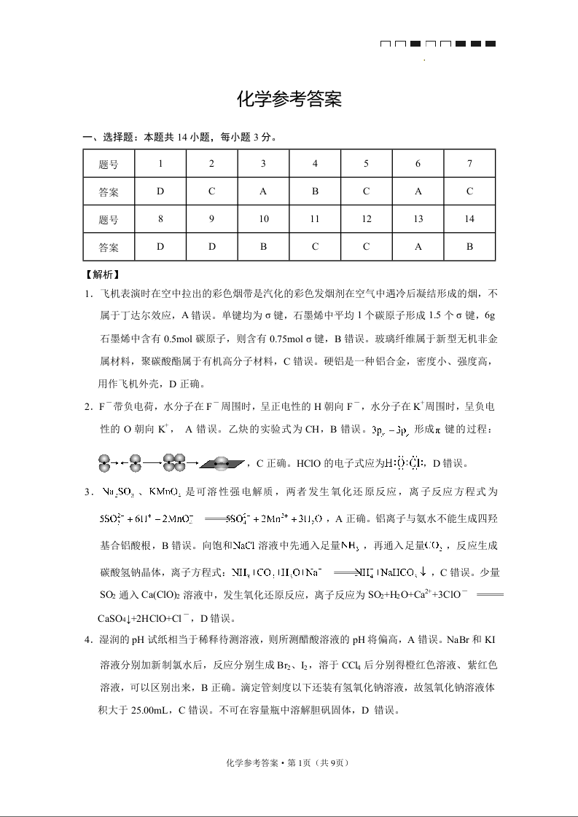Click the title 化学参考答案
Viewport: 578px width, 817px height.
click(x=289, y=100)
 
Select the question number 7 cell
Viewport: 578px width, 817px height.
click(x=469, y=164)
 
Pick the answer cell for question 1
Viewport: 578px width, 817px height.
click(x=160, y=192)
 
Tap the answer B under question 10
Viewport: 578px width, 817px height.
click(x=264, y=246)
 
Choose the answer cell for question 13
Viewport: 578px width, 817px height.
click(x=418, y=246)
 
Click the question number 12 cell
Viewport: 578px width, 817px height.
click(x=367, y=219)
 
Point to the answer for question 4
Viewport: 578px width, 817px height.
click(x=315, y=192)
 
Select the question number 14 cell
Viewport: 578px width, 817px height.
click(x=469, y=219)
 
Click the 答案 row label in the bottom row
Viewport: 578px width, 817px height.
click(x=109, y=247)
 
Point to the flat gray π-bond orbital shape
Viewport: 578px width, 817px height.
click(x=224, y=463)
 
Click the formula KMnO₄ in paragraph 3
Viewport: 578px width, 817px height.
click(x=164, y=492)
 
